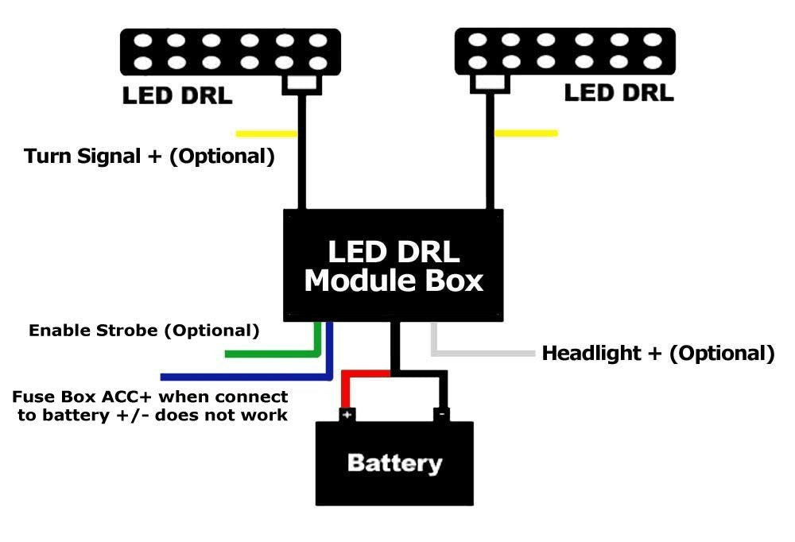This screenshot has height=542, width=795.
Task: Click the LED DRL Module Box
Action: pyautogui.click(x=394, y=265)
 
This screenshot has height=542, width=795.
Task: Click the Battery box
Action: pyautogui.click(x=394, y=463)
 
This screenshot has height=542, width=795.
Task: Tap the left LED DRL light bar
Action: pyautogui.click(x=230, y=51)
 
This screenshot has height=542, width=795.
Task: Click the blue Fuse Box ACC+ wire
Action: pyautogui.click(x=238, y=376)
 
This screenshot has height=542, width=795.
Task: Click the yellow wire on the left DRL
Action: pyautogui.click(x=266, y=134)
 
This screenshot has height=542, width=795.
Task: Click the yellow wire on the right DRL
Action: pyautogui.click(x=526, y=133)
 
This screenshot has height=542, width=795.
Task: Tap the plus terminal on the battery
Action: pyautogui.click(x=347, y=414)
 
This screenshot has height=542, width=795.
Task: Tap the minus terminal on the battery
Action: pyautogui.click(x=442, y=414)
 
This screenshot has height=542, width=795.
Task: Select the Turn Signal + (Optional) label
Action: pyautogui.click(x=149, y=156)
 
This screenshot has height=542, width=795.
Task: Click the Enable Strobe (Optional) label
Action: pyautogui.click(x=144, y=330)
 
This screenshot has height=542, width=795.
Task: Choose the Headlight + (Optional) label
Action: pyautogui.click(x=657, y=353)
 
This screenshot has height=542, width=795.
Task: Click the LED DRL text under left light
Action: pyautogui.click(x=177, y=96)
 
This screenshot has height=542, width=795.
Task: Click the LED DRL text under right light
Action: pyautogui.click(x=619, y=93)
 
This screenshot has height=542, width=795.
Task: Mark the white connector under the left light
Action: pyautogui.click(x=301, y=83)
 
